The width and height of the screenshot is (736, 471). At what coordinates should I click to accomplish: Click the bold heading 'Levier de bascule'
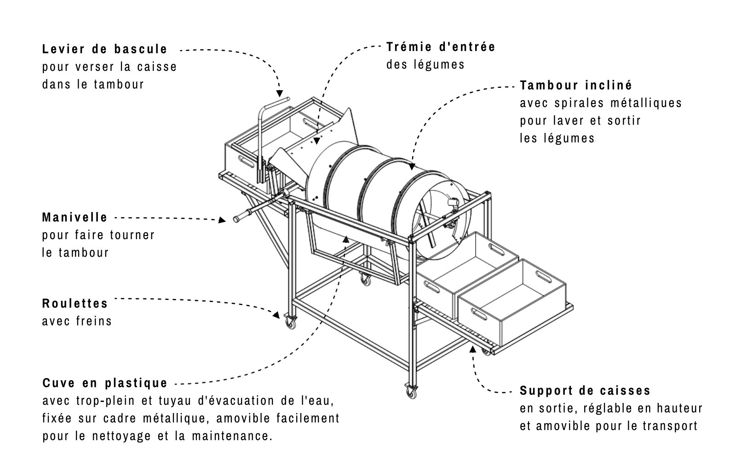(x=104, y=49)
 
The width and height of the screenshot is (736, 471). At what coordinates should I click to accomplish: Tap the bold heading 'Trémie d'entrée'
(x=440, y=46)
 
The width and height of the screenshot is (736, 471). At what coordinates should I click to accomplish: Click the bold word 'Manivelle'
(x=75, y=217)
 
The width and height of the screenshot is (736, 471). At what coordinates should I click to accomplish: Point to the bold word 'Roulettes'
(x=75, y=304)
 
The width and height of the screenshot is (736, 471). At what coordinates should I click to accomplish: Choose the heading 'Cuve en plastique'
(x=105, y=383)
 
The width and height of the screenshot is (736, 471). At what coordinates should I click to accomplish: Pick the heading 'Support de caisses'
(x=585, y=391)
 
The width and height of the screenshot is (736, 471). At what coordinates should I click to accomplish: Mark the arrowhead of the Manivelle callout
(x=223, y=220)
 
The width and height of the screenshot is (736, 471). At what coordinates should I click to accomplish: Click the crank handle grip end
(x=238, y=219)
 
